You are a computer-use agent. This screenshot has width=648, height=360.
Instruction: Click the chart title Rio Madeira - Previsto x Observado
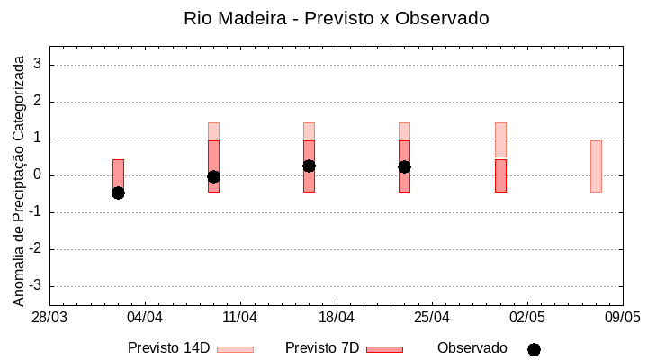click(336, 18)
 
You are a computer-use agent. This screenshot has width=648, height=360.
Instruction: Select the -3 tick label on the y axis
click(36, 286)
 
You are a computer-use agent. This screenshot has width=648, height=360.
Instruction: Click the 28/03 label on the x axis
click(49, 318)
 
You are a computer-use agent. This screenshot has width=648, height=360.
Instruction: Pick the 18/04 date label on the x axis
click(336, 318)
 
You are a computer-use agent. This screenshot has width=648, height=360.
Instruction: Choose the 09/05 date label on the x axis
click(622, 318)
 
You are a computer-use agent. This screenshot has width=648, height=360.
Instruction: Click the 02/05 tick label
click(526, 318)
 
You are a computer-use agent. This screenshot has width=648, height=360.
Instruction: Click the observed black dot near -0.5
click(118, 193)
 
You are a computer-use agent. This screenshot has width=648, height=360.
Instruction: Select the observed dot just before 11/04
click(213, 176)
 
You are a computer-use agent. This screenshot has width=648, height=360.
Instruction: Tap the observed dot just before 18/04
click(309, 166)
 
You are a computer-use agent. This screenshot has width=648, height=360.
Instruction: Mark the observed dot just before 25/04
click(404, 166)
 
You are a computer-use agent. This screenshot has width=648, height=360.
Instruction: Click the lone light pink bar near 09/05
click(596, 166)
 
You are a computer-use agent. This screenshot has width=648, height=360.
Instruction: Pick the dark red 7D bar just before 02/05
click(500, 175)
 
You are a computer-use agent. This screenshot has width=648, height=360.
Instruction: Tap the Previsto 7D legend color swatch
click(384, 349)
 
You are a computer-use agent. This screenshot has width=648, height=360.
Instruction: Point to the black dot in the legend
click(534, 349)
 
